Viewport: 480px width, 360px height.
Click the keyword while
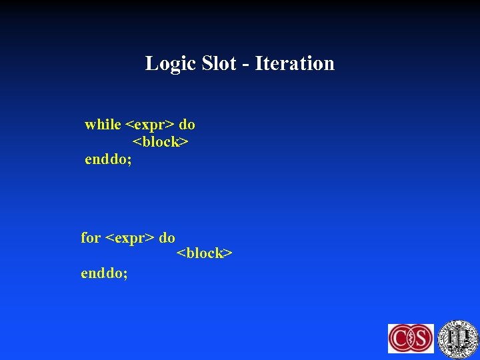(103, 125)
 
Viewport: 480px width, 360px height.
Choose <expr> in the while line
(150, 125)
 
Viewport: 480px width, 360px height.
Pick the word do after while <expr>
(187, 125)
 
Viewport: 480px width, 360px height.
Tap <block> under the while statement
(161, 142)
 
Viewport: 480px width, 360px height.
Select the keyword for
(91, 238)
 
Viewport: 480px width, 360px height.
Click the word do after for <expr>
(167, 238)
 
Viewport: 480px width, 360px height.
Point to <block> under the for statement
(204, 254)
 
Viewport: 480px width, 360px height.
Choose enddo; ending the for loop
(104, 273)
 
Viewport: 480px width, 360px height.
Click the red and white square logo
(411, 338)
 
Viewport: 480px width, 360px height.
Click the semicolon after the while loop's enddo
(129, 161)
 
